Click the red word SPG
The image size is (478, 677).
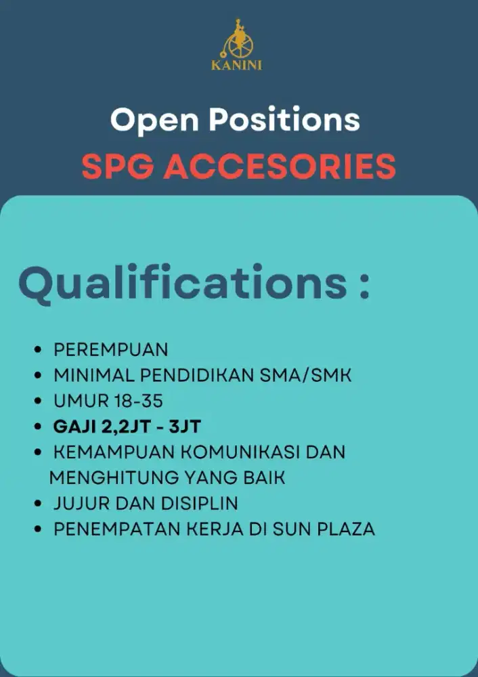tap(116, 167)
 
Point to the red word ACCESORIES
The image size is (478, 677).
tap(280, 167)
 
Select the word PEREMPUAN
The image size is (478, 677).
tap(111, 350)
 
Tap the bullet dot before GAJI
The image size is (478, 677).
tap(38, 427)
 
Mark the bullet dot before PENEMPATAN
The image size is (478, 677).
tap(38, 529)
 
